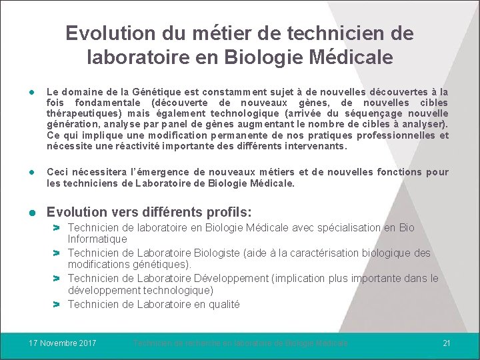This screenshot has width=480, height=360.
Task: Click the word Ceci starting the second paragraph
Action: (58, 172)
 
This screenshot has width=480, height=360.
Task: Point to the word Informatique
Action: (97, 239)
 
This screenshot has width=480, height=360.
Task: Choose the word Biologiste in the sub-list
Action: (219, 253)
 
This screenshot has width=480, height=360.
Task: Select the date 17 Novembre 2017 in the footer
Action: (63, 343)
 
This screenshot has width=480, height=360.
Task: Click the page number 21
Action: (447, 343)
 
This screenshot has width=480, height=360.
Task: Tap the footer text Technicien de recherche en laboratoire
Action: (240, 343)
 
